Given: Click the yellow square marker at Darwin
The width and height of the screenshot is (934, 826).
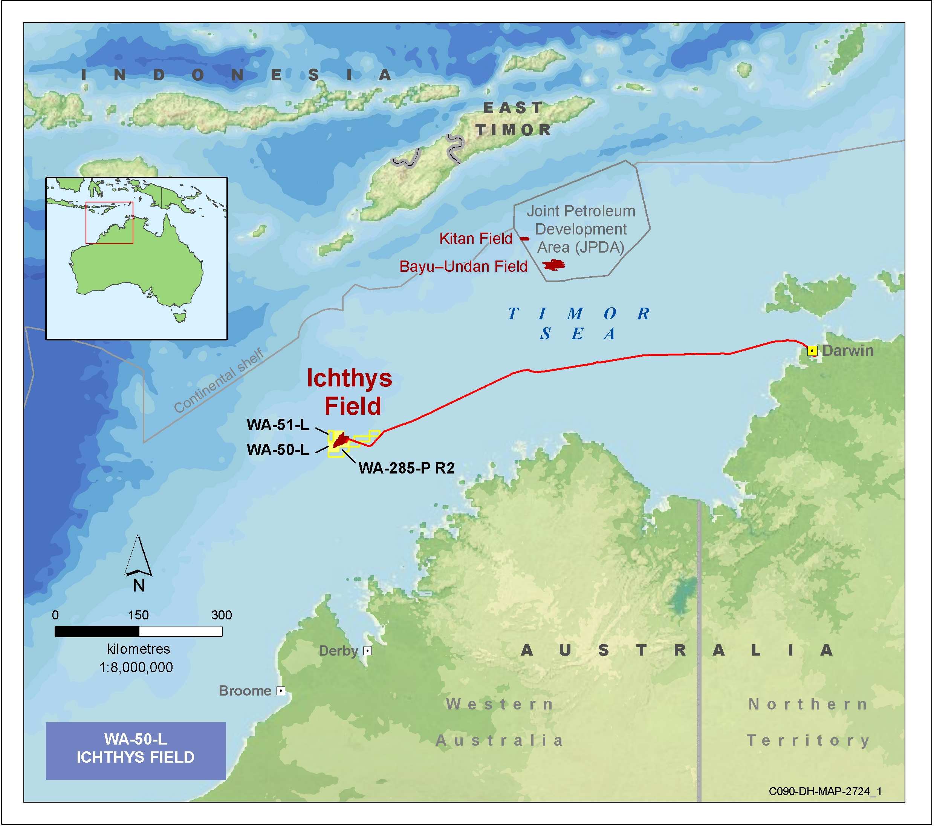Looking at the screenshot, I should click(812, 351).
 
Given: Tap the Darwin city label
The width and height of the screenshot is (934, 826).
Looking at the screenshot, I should click(848, 351).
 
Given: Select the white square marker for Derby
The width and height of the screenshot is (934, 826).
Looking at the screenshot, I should click(367, 650).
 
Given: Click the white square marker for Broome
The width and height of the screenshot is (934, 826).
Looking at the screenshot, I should click(281, 691).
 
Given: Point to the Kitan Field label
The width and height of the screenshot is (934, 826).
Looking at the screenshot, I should click(476, 239).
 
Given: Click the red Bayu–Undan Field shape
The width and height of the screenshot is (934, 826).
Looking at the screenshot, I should click(554, 265).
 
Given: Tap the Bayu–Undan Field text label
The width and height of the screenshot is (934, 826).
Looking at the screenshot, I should click(463, 267).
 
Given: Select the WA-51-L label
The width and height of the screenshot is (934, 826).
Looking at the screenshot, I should click(278, 425).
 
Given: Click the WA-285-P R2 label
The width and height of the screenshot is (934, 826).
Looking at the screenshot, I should click(406, 468).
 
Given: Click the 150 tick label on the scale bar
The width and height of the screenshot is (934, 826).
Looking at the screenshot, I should click(138, 615).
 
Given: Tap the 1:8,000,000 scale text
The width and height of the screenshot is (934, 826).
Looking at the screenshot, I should click(136, 667).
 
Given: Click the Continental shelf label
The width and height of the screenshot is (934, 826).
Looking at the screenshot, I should click(219, 381).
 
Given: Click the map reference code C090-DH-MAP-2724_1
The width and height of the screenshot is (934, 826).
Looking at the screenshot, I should click(825, 791).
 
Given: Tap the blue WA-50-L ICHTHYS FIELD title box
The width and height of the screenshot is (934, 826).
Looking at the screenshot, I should click(136, 751).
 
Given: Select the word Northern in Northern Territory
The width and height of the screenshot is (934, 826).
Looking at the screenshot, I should click(808, 704).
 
